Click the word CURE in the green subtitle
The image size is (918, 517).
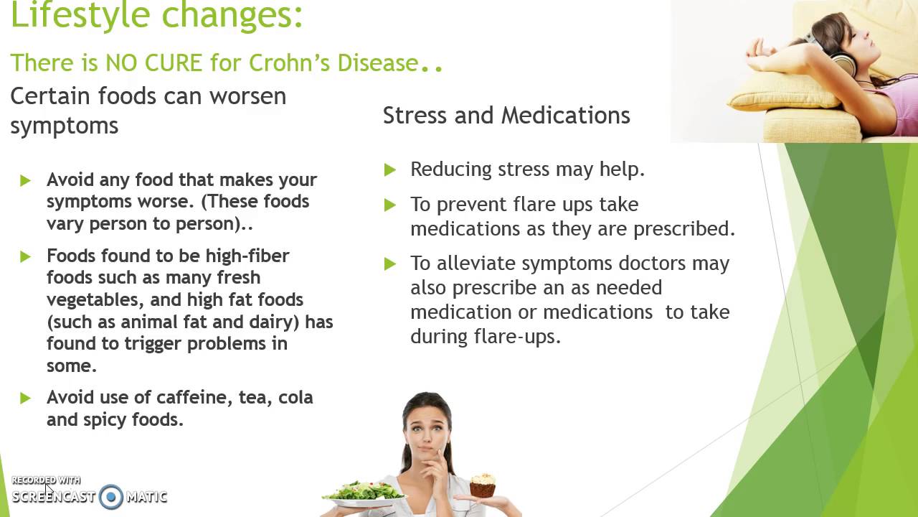click(173, 62)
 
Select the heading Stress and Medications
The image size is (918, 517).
click(506, 115)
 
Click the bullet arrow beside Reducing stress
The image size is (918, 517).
click(390, 170)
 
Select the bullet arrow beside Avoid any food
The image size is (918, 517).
click(26, 180)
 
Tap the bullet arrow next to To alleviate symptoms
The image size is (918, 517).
click(390, 264)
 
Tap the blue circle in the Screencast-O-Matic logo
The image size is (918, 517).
click(111, 496)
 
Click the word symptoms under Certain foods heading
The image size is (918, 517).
click(64, 126)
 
